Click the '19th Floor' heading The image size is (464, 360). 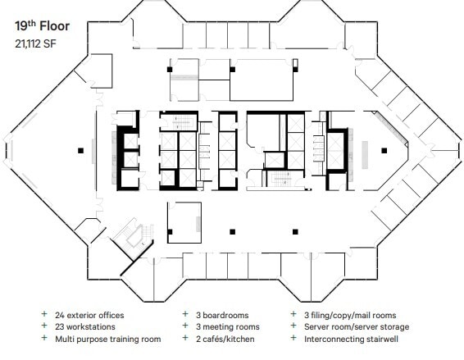[43, 26]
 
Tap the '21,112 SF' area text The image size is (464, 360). [35, 43]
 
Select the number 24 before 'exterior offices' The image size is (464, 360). [60, 315]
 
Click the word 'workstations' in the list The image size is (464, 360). [91, 327]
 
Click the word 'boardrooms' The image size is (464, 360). [225, 315]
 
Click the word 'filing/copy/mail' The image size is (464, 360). [339, 316]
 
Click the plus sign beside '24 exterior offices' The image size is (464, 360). [44, 314]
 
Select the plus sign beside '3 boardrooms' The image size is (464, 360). [185, 314]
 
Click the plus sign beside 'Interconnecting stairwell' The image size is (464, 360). [293, 338]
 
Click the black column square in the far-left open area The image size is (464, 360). [80, 151]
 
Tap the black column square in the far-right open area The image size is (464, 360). [384, 151]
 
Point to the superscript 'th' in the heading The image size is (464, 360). [33, 23]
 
